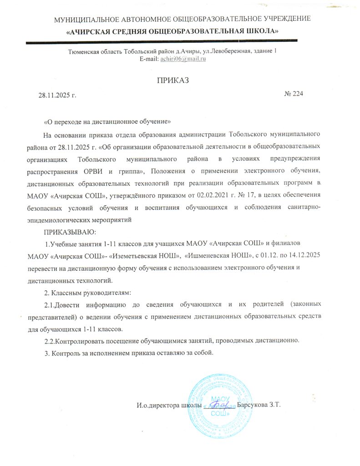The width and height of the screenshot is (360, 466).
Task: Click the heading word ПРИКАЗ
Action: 172,81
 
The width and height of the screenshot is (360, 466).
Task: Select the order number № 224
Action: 294,94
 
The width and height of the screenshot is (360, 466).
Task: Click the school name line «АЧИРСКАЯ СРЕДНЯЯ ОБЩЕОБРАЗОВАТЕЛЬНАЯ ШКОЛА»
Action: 173,31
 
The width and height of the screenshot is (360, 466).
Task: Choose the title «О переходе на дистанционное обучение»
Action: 107,122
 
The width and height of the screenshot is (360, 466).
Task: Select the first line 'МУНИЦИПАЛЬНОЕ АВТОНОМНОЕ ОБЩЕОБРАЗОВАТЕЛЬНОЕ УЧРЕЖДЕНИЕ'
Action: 183,19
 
